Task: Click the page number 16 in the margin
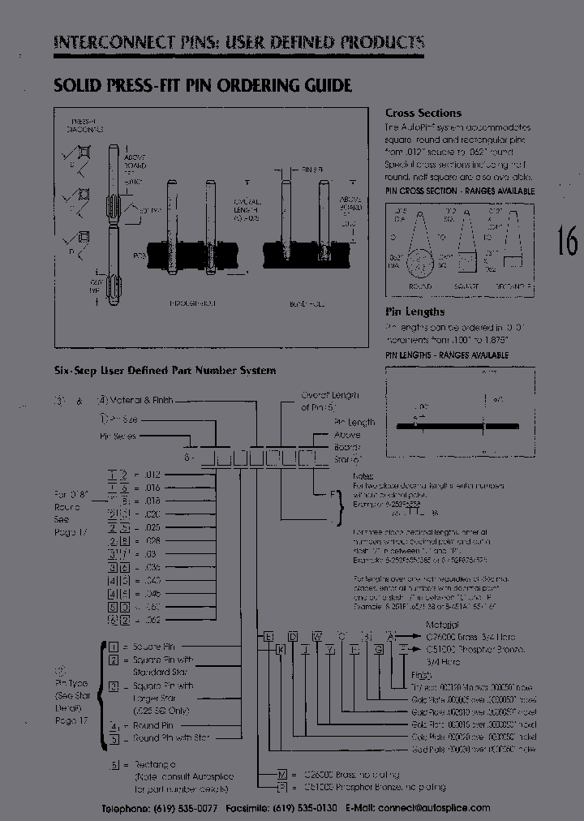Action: (x=566, y=241)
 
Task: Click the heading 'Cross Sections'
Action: (x=423, y=114)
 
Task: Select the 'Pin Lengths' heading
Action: (x=414, y=312)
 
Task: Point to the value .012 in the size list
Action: (x=152, y=474)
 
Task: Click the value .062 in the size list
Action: (x=152, y=620)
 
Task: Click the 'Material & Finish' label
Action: (x=140, y=401)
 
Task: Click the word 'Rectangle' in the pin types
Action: (x=155, y=764)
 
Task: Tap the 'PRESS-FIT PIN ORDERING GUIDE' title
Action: (x=202, y=85)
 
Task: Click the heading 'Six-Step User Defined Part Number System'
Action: (x=165, y=371)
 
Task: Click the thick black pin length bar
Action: (x=457, y=427)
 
